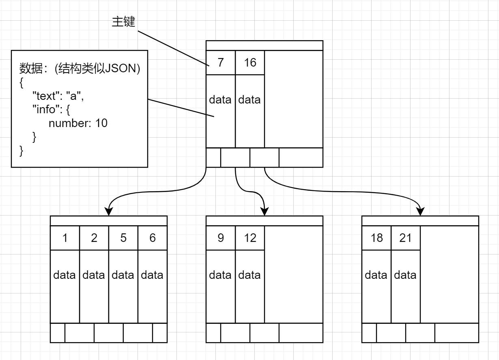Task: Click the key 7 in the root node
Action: [x=221, y=63]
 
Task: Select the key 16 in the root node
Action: [x=250, y=63]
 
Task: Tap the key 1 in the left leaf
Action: [x=65, y=238]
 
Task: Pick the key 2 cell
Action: [x=94, y=238]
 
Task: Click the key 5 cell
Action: [x=123, y=238]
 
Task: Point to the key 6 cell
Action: [x=153, y=238]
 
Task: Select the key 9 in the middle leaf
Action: [x=221, y=238]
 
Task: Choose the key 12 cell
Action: [x=250, y=238]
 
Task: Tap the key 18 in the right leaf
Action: [x=376, y=238]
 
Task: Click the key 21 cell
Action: [x=406, y=238]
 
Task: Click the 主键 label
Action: [x=123, y=22]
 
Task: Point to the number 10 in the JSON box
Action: [x=101, y=123]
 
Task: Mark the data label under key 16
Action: [x=249, y=100]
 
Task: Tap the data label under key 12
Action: [x=249, y=275]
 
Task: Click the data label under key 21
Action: [x=405, y=275]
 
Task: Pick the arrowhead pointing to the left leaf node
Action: [x=109, y=211]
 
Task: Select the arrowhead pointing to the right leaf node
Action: [x=420, y=211]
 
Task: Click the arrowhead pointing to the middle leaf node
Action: [x=265, y=211]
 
